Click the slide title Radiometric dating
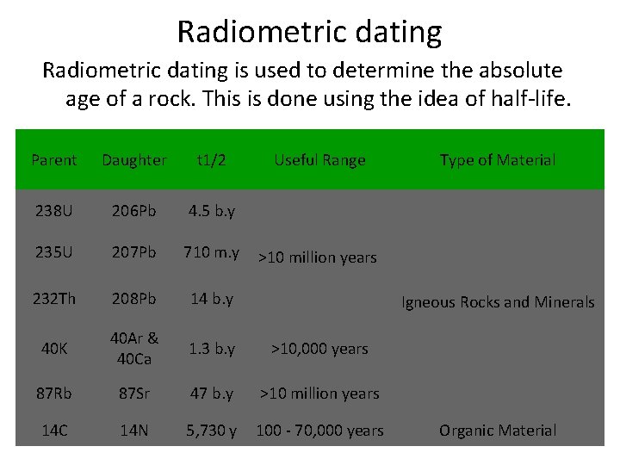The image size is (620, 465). (309, 32)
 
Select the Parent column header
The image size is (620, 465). (53, 160)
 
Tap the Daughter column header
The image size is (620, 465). (133, 160)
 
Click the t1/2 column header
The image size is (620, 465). (211, 160)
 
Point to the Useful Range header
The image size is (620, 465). (319, 160)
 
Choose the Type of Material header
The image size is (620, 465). (497, 160)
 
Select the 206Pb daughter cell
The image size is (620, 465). (133, 212)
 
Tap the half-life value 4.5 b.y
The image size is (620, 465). (212, 212)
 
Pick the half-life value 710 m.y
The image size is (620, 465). (211, 252)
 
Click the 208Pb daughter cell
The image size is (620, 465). (133, 299)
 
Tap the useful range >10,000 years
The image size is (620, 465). (319, 349)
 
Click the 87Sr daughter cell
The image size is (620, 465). (133, 394)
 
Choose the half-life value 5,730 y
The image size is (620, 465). (211, 431)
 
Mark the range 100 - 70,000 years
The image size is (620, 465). (319, 431)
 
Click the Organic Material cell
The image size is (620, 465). (498, 431)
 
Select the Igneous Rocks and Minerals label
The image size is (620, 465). (498, 302)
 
